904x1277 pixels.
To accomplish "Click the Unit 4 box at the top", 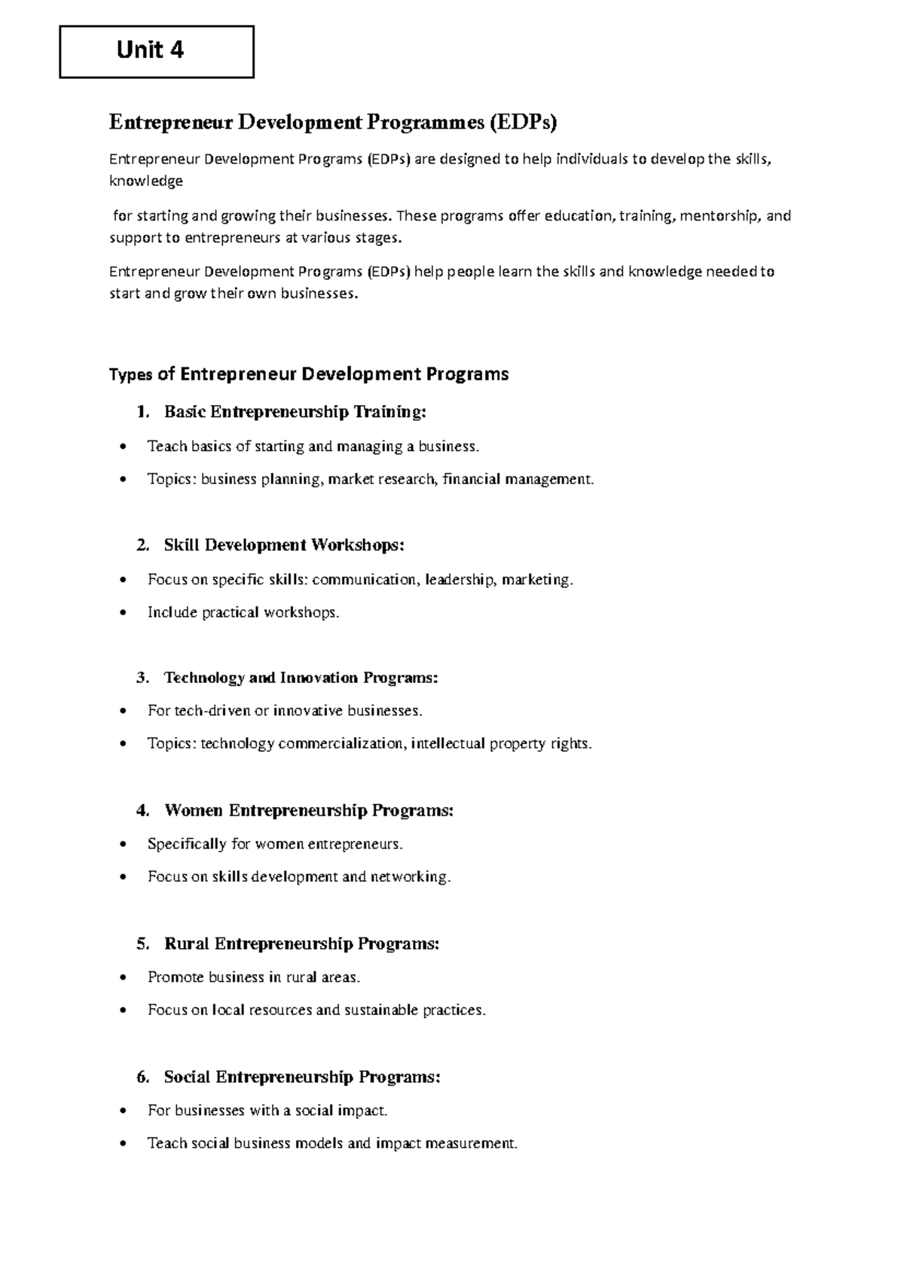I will (x=157, y=51).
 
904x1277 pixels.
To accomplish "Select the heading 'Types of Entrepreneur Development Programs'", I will (x=309, y=374).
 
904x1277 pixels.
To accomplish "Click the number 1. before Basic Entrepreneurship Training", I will (x=143, y=412).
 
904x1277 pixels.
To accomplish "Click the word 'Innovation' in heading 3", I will (x=319, y=678).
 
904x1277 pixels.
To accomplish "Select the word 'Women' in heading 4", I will (x=194, y=811).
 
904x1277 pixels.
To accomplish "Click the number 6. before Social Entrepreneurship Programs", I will (x=143, y=1077).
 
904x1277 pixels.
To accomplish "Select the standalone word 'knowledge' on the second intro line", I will (x=146, y=181).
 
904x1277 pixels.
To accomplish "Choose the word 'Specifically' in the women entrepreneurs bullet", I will (x=187, y=844).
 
